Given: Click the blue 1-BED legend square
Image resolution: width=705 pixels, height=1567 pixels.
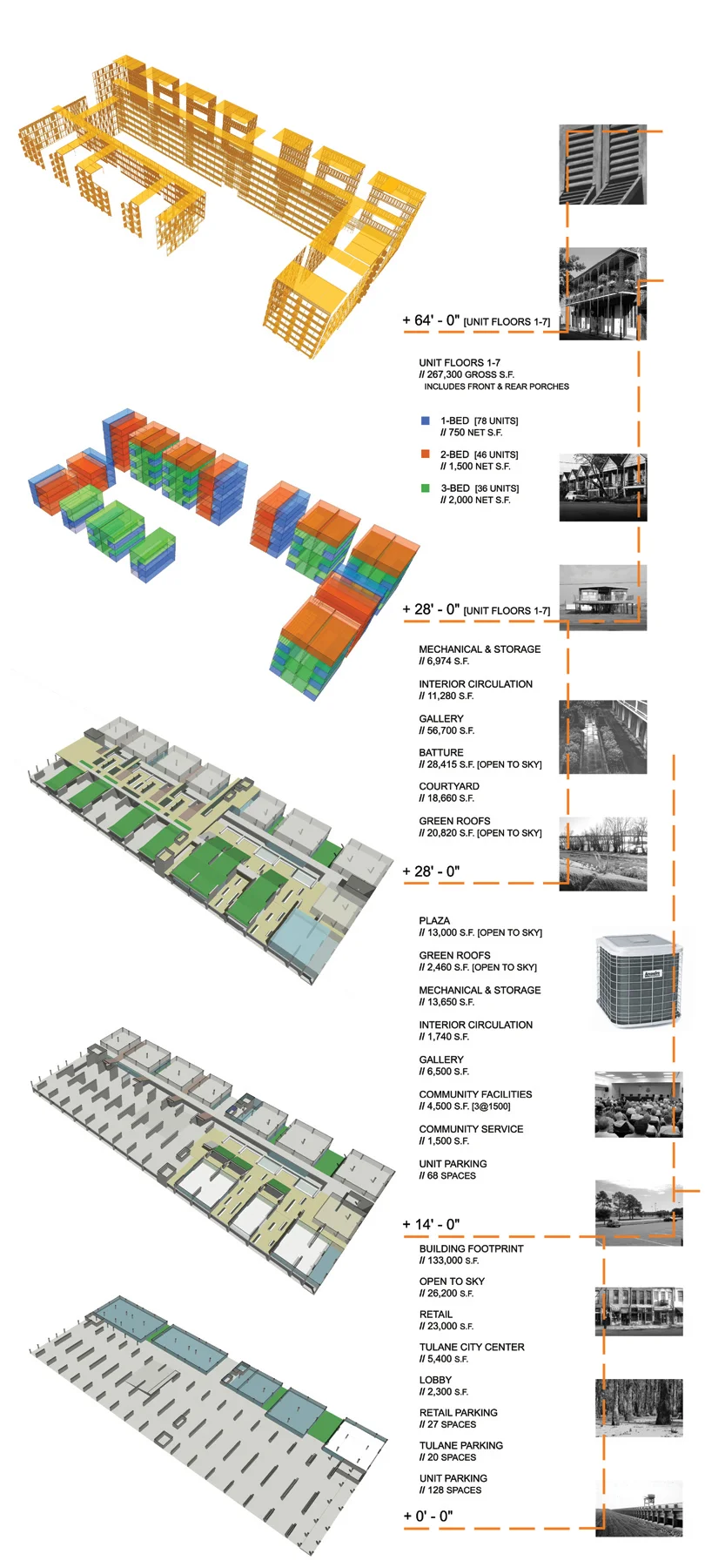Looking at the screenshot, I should point(426,420).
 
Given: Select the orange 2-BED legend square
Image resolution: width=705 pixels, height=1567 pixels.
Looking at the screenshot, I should point(426,454).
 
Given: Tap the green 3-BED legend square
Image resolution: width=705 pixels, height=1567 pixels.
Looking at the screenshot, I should point(426,488).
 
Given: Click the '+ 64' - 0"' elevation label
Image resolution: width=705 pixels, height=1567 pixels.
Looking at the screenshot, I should point(431,320).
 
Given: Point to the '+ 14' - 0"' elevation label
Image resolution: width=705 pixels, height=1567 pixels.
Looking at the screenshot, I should point(431,1224).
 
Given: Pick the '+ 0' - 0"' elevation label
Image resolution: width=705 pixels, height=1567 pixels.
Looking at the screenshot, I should point(428,1516).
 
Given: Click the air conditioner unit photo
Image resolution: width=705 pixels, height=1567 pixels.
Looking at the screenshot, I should point(634,981).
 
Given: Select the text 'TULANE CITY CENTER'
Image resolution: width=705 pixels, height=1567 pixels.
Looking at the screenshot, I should point(472,1347).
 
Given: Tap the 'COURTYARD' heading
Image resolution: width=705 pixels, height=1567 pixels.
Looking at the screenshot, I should point(449,786).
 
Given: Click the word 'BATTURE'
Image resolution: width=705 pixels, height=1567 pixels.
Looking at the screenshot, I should point(441,752).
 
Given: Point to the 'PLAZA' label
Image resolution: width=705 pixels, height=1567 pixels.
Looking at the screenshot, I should point(434,920).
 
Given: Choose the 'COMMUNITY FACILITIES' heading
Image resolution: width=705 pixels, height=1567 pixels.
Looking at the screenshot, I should point(475,1094).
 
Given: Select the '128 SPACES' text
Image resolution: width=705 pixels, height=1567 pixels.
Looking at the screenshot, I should point(453,1490).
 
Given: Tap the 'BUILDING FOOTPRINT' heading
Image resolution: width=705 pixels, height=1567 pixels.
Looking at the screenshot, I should point(471,1248).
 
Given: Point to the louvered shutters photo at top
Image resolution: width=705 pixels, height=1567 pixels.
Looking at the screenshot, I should point(602,165).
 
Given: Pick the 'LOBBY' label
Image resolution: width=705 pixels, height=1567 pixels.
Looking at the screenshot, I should point(435,1380).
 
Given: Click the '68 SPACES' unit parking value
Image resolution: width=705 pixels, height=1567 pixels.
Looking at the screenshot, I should point(451,1175).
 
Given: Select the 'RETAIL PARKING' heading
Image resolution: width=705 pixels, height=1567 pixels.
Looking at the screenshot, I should point(459,1412).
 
